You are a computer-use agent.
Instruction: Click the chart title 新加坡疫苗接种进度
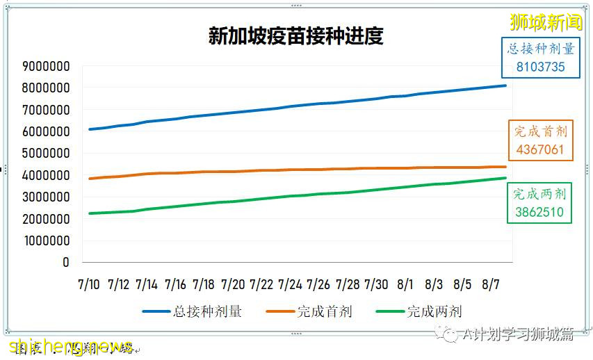tap(296, 35)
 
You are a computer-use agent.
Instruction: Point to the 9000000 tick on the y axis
tap(46, 67)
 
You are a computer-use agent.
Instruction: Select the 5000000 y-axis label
tap(46, 154)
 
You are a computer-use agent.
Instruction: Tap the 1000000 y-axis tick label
tap(46, 240)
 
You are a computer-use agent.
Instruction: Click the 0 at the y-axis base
tap(66, 262)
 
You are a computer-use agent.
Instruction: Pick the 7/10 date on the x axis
tap(89, 284)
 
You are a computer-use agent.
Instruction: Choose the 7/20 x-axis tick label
tap(233, 284)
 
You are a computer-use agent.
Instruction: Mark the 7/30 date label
tap(376, 284)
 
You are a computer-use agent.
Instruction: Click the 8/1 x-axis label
tap(405, 284)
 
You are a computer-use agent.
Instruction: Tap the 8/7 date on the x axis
tap(491, 284)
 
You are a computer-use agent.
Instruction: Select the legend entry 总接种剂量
tap(207, 311)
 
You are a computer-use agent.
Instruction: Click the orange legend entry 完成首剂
tap(325, 311)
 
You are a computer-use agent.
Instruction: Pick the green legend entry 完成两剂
tap(434, 311)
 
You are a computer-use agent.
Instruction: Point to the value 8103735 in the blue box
tap(540, 67)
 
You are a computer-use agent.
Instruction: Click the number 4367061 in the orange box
tap(540, 149)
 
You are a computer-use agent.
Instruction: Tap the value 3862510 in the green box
tap(539, 212)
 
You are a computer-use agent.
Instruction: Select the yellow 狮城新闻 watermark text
tap(546, 22)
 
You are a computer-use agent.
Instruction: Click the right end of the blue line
tap(505, 85)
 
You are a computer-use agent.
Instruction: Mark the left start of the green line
tap(90, 213)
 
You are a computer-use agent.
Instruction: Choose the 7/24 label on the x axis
tap(290, 284)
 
